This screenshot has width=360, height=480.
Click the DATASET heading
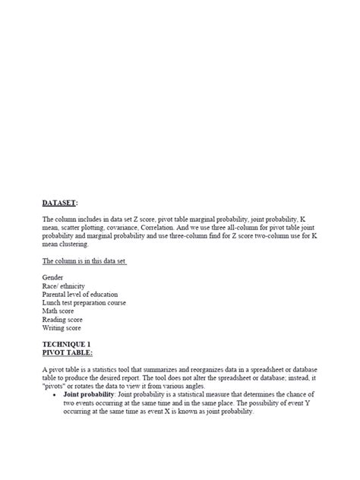coord(60,203)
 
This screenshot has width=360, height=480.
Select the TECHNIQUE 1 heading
coord(69,344)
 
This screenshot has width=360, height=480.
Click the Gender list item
coord(53,278)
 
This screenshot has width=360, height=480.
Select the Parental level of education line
coord(84,295)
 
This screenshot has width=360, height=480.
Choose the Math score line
coord(60,311)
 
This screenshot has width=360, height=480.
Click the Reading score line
coord(65,320)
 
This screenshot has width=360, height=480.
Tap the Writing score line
coord(65,328)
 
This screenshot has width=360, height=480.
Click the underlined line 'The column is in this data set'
coord(84,261)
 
